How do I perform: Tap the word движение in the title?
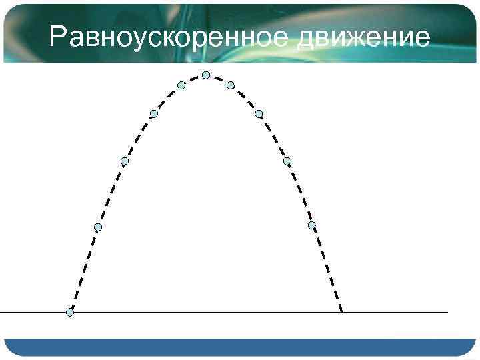(363, 37)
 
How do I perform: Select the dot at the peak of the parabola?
(206, 75)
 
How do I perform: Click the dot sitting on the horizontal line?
(70, 312)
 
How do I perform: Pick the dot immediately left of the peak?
(181, 85)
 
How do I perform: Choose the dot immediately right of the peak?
(230, 85)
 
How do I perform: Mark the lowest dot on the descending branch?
(311, 225)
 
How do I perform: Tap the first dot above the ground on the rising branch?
(98, 227)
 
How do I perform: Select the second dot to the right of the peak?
(259, 114)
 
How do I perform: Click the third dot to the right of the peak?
(287, 161)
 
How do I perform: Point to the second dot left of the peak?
(154, 114)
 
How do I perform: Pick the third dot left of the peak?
(125, 161)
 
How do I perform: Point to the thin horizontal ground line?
(200, 312)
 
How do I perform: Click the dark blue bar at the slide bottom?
(240, 347)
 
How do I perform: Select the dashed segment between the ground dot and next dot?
(84, 270)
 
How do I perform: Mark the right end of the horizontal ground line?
(447, 312)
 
